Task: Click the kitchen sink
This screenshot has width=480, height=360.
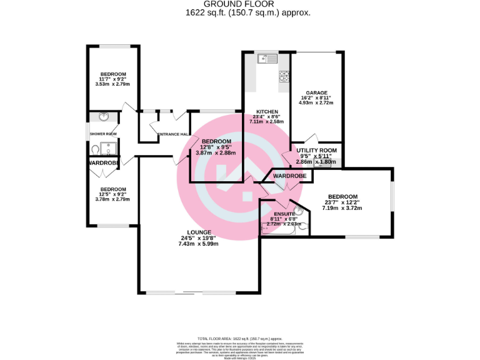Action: (264, 59)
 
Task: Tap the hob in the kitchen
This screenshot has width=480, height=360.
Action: (284, 77)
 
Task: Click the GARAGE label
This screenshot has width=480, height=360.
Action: (316, 92)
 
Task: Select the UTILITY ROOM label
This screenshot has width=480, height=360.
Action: (317, 151)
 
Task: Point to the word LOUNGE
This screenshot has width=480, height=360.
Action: (198, 232)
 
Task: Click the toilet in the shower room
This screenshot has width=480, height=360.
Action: (95, 149)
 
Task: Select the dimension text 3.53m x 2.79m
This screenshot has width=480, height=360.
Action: (112, 84)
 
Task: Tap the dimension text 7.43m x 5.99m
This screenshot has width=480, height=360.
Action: (198, 244)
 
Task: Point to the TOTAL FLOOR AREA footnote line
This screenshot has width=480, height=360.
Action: (239, 337)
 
